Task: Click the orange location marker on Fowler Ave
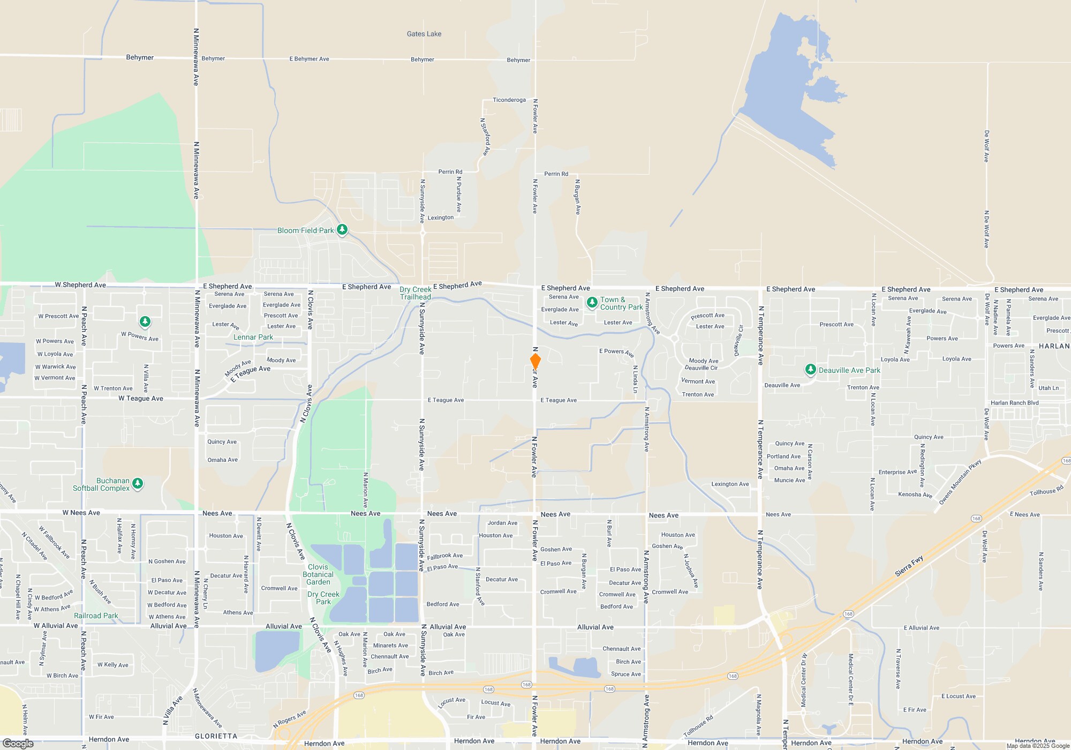pos(535,361)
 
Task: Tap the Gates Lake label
pos(424,34)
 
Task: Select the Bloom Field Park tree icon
pos(342,230)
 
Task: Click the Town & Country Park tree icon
pos(592,303)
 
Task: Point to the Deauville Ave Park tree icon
pos(811,370)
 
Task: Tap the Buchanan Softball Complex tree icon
pos(138,484)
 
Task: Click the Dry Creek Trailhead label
pos(416,293)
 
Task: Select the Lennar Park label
pos(253,337)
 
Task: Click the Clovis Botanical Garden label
pos(318,574)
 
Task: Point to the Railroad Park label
pos(96,616)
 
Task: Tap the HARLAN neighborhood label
pos(1054,346)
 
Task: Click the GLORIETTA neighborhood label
pos(216,736)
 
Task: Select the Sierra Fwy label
pos(909,566)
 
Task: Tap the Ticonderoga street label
pos(509,100)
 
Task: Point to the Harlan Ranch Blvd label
pos(1014,403)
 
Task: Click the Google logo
pos(18,743)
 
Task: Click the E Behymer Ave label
pos(309,59)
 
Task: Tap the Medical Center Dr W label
pos(804,680)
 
